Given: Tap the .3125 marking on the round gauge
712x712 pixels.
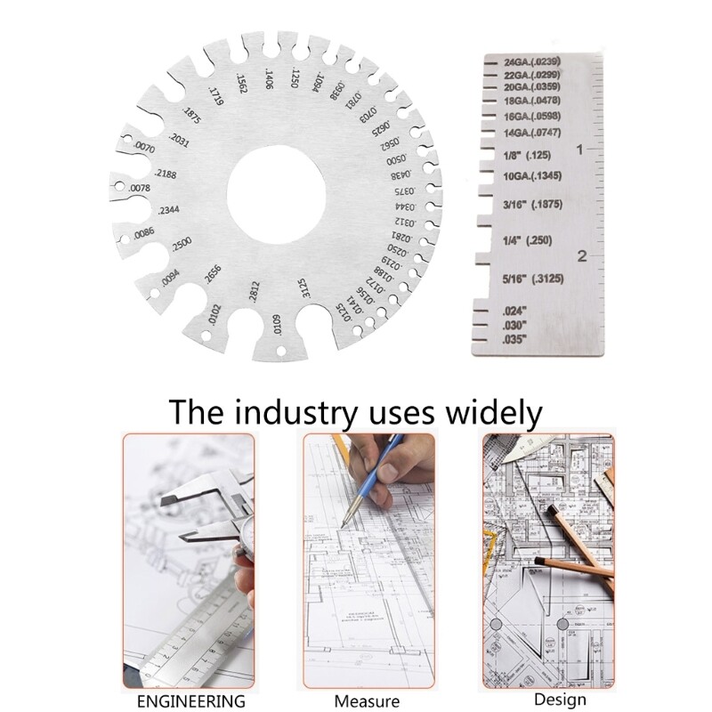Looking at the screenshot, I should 303,289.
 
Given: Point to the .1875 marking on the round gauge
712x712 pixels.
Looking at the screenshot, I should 190,116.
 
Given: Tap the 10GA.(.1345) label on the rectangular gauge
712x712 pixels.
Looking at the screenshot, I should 531,175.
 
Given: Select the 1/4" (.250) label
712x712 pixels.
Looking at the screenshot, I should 528,241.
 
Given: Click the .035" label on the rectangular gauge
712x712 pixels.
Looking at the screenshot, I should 515,340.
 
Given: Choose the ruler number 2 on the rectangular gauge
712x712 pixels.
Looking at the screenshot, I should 580,257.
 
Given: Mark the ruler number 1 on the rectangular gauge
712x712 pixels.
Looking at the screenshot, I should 580,150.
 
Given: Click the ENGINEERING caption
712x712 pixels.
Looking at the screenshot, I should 190,700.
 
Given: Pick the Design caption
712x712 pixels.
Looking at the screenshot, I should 547,700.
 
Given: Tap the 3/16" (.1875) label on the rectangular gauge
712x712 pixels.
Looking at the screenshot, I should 531,204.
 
